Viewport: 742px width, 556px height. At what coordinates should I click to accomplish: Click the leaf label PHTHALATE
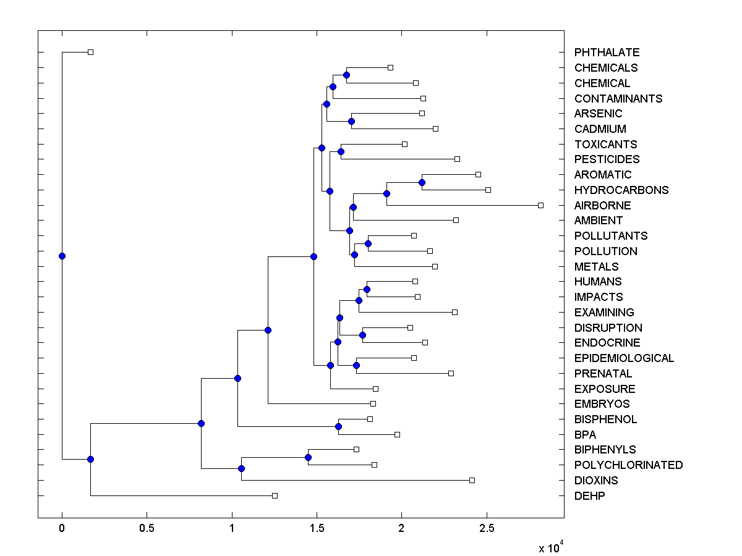coord(607,53)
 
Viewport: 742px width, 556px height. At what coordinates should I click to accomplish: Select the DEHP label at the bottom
coord(590,495)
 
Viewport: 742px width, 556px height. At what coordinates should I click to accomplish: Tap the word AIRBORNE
coord(602,205)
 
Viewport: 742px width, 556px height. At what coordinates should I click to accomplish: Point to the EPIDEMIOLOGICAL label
coord(624,358)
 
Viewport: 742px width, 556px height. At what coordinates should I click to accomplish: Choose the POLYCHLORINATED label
coord(628,465)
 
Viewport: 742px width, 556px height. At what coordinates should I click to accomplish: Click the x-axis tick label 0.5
coord(147,529)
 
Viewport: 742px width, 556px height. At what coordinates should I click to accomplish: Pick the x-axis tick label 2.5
coord(487,529)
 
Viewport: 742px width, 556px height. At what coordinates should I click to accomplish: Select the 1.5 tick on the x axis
coord(317,529)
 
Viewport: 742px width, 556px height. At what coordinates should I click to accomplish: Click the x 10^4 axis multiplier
coord(550,547)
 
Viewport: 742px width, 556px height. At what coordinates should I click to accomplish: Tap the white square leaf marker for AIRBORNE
coord(540,205)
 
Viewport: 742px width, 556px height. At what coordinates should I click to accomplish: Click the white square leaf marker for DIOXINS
coord(472,480)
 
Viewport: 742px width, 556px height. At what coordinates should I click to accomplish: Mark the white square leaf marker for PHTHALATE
coord(90,52)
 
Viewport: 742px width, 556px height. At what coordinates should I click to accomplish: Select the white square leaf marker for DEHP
coord(275,495)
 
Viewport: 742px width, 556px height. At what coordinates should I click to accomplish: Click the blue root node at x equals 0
coord(62,256)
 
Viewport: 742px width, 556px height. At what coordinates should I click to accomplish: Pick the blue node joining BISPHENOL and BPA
coord(338,426)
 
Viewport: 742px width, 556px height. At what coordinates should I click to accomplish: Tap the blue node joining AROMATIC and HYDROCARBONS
coord(422,182)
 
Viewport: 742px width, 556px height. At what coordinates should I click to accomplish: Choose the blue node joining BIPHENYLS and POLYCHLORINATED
coord(308,457)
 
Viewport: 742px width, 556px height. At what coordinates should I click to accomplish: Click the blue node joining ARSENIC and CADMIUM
coord(351,121)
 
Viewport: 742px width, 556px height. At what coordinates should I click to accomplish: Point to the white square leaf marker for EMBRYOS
coord(373,403)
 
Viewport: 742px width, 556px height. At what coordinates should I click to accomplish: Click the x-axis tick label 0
coord(62,529)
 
